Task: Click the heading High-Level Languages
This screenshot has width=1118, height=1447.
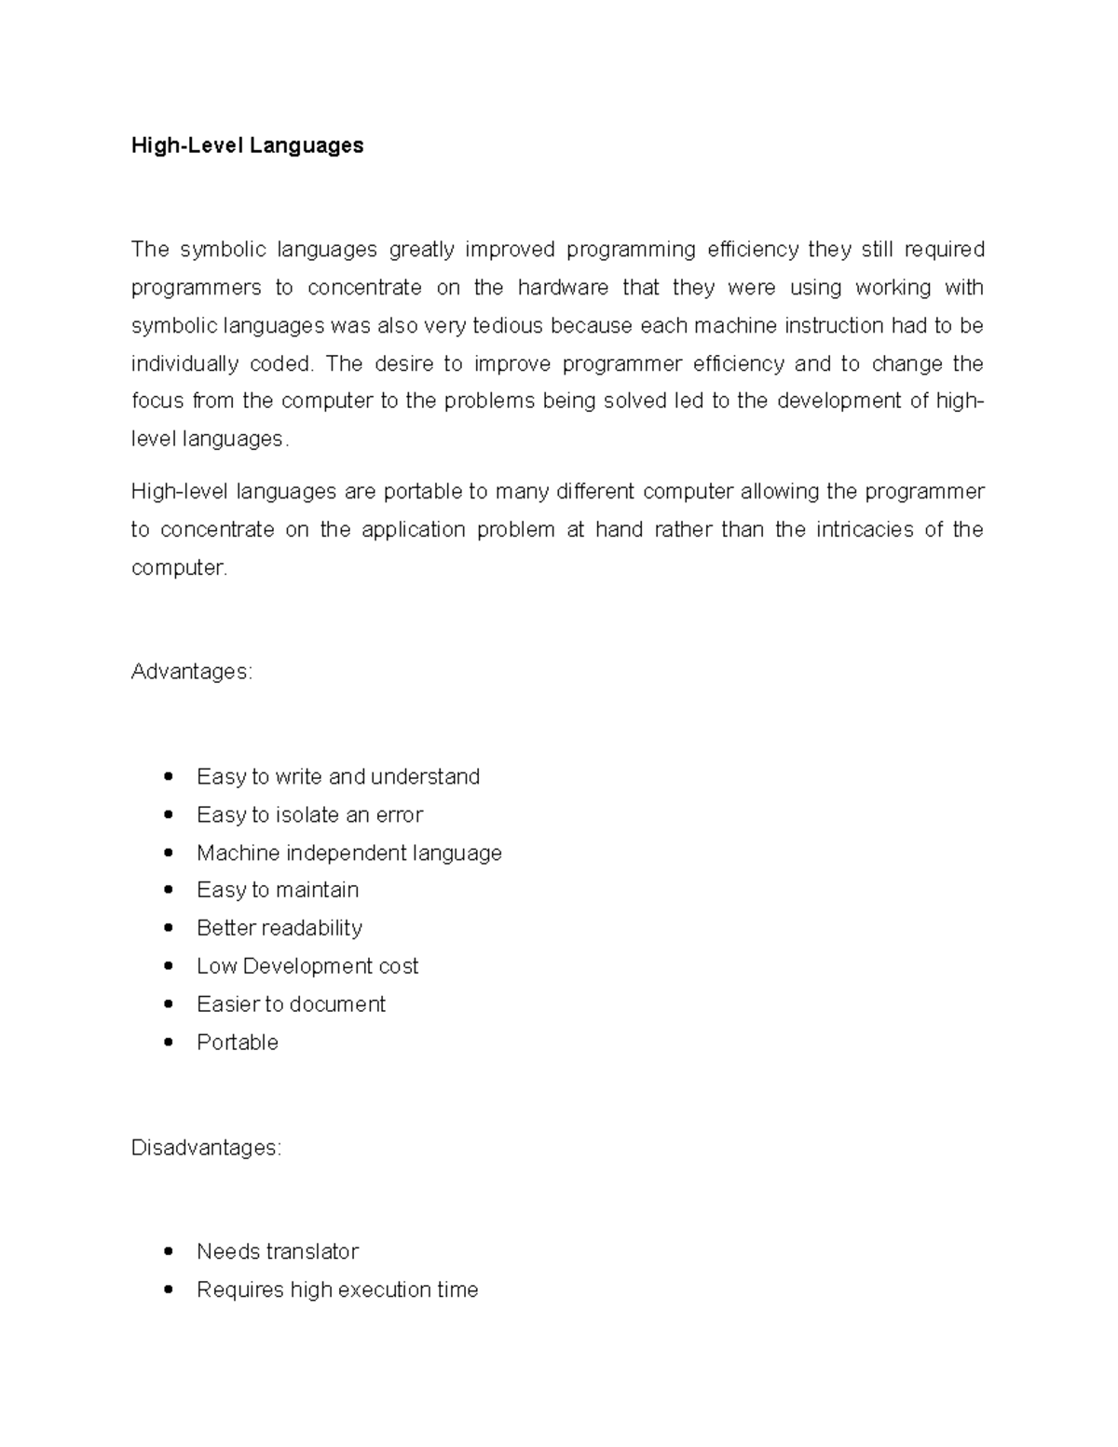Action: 247,145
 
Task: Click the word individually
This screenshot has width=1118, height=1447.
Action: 184,363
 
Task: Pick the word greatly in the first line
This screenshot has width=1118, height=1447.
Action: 421,249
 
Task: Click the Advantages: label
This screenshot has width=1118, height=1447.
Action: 192,672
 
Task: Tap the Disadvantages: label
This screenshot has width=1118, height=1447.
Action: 206,1148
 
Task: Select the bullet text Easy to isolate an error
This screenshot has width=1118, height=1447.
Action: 309,815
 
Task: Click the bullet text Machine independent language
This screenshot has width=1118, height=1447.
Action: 348,853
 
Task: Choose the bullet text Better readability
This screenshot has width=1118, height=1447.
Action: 279,928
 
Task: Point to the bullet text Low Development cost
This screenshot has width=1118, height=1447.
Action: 307,966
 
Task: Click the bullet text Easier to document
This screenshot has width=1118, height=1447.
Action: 291,1004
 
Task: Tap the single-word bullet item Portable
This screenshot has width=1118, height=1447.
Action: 238,1043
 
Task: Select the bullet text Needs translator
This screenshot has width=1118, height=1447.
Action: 278,1251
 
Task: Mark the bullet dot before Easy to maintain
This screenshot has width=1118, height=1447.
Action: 168,890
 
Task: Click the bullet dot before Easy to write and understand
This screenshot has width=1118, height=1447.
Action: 168,776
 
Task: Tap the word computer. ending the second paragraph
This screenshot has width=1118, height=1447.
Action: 179,567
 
